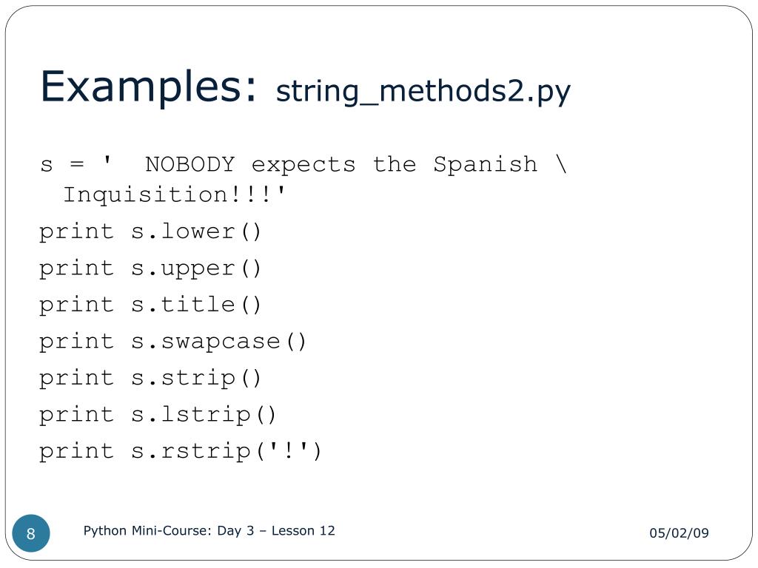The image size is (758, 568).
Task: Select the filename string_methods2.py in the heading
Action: click(423, 92)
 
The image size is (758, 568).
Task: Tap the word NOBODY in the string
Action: click(189, 163)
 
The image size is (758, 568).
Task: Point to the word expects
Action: click(303, 164)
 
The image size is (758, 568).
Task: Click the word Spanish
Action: click(486, 163)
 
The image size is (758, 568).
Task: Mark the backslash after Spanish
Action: click(560, 163)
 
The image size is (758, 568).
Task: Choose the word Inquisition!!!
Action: click(174, 195)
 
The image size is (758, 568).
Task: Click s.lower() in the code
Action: click(197, 231)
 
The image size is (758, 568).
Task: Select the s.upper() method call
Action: click(197, 268)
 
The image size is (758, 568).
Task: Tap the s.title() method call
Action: click(197, 305)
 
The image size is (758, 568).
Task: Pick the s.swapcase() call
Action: click(219, 342)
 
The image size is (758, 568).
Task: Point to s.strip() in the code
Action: click(197, 378)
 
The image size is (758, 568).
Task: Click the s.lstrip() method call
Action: click(204, 415)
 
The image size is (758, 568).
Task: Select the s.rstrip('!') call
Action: click(227, 451)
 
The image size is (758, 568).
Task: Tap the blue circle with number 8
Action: click(31, 534)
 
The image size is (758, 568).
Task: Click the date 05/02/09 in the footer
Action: click(679, 533)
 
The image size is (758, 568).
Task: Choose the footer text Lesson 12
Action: click(303, 531)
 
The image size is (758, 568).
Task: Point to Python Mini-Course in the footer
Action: click(147, 531)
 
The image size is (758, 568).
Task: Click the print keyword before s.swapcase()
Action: click(76, 342)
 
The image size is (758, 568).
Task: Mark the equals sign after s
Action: click(76, 164)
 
